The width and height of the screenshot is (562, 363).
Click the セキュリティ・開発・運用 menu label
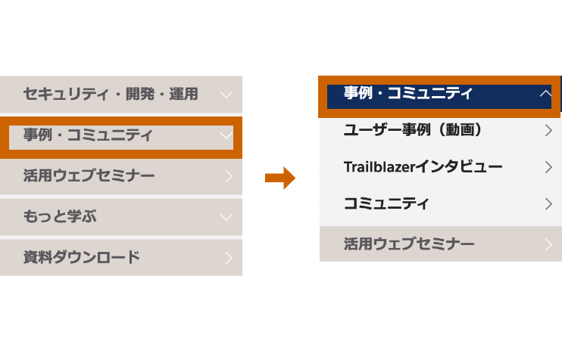[111, 95]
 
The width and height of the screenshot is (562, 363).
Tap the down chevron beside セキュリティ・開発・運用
[226, 95]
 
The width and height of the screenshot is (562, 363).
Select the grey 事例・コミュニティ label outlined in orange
[88, 136]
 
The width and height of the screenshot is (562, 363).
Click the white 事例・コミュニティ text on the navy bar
[407, 94]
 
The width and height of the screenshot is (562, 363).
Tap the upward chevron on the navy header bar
[545, 95]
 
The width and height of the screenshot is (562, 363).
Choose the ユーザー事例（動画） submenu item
[414, 130]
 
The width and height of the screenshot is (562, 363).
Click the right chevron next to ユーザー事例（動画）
[548, 131]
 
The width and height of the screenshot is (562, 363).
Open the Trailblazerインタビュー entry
[423, 167]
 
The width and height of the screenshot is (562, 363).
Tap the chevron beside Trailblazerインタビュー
[548, 167]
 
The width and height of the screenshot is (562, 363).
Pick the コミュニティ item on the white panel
[386, 203]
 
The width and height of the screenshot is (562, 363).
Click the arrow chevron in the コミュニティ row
[548, 204]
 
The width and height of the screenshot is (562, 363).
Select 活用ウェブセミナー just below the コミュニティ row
[409, 244]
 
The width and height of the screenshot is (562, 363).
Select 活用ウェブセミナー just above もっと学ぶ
[89, 176]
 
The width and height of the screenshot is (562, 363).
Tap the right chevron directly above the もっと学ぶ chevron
[229, 177]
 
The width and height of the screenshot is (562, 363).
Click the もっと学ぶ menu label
[60, 217]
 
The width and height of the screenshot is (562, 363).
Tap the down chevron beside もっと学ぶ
[226, 218]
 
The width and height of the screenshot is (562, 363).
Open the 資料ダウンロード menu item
[82, 257]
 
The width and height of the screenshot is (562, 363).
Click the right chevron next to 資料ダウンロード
[229, 258]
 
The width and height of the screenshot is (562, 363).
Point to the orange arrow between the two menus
[292, 178]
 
